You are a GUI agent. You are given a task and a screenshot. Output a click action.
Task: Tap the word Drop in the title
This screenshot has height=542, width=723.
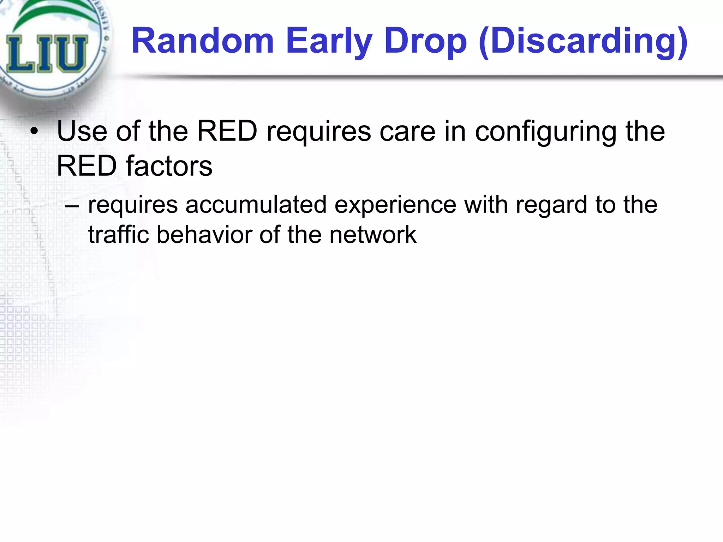(426, 42)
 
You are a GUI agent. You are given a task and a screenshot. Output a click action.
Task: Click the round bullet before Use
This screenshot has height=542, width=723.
(34, 132)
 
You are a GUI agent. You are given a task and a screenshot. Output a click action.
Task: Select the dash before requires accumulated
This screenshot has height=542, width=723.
(72, 205)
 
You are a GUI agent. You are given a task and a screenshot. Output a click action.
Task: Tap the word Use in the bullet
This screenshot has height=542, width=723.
(82, 131)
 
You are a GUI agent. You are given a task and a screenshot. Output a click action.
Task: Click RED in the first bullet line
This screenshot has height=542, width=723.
(227, 131)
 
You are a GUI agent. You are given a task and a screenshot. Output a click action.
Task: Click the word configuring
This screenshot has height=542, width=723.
(545, 131)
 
